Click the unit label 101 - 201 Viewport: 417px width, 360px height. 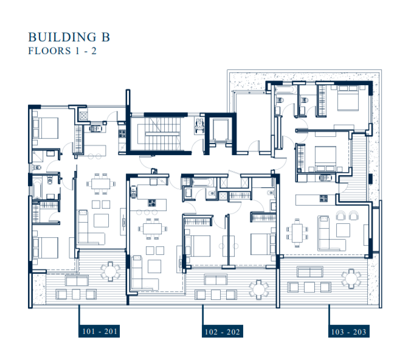coord(98,332)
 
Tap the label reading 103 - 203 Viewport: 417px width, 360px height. coord(348,332)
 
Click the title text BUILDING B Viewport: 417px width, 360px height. coord(69,37)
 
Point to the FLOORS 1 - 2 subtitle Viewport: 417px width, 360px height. coord(63,51)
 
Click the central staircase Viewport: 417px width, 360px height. coord(157,132)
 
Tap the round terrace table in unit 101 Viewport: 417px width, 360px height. coord(109,269)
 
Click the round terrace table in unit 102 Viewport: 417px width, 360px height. coord(259,287)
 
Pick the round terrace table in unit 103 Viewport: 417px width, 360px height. coord(351,279)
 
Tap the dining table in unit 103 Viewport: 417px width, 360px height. coord(296,231)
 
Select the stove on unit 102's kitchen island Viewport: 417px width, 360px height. coord(150,204)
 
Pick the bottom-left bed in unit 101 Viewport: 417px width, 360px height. coord(45,247)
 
